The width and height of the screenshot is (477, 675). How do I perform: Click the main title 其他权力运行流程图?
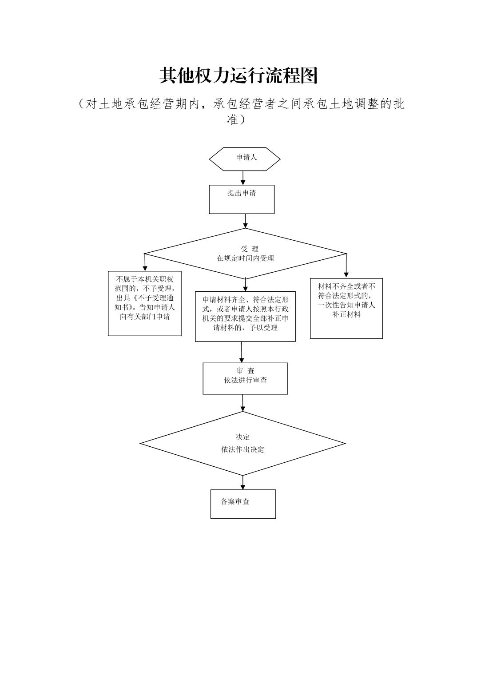(238, 76)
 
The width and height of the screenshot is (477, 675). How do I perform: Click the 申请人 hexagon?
(245, 159)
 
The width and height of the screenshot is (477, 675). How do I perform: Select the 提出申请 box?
(242, 199)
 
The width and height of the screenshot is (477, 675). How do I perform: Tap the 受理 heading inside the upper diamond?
(249, 249)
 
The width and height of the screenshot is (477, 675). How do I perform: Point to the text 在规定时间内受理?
(245, 258)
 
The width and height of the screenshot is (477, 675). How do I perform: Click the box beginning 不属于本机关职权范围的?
(145, 303)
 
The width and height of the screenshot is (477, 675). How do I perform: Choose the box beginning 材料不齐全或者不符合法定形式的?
(346, 308)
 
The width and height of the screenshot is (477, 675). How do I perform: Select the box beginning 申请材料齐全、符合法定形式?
(245, 316)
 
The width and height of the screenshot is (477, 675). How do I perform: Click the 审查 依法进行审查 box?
(245, 378)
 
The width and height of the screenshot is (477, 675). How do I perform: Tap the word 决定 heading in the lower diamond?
(242, 437)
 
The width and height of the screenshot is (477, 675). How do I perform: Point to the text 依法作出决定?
(242, 449)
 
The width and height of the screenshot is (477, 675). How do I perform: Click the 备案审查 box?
(243, 504)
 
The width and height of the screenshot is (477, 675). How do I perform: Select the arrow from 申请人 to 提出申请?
(243, 178)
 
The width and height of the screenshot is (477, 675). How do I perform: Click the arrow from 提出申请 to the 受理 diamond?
(245, 221)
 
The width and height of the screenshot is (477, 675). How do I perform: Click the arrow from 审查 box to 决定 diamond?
(243, 403)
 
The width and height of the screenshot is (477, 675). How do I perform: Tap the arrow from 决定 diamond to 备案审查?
(243, 482)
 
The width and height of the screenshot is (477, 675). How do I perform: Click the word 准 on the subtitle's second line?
(233, 119)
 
